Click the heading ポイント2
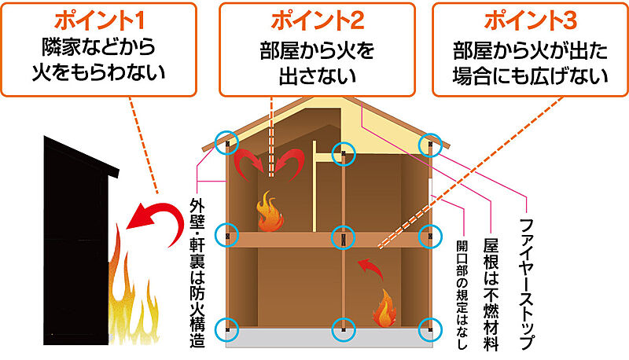pyautogui.click(x=317, y=19)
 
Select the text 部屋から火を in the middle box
pyautogui.click(x=317, y=51)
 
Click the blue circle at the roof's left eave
pyautogui.click(x=229, y=144)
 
